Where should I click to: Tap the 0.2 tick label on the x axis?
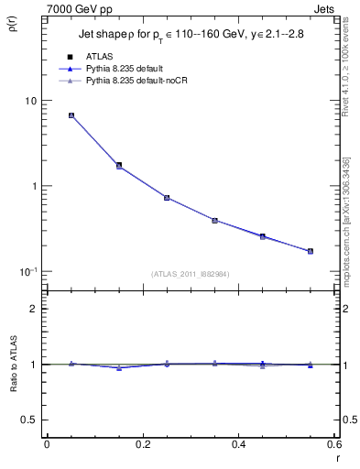142,444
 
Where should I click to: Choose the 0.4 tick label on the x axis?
238,444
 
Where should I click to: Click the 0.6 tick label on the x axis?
333,444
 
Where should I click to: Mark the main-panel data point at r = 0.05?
71,115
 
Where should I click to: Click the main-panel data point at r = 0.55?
310,251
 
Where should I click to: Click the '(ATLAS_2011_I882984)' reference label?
191,273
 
